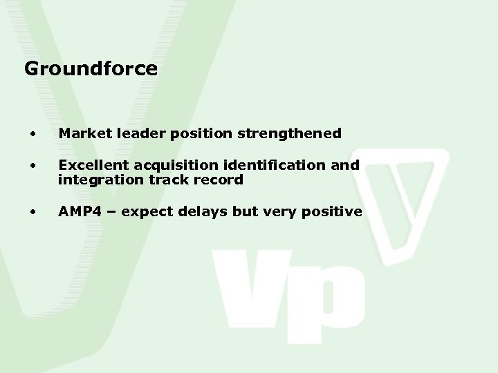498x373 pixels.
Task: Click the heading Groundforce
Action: pyautogui.click(x=91, y=69)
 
